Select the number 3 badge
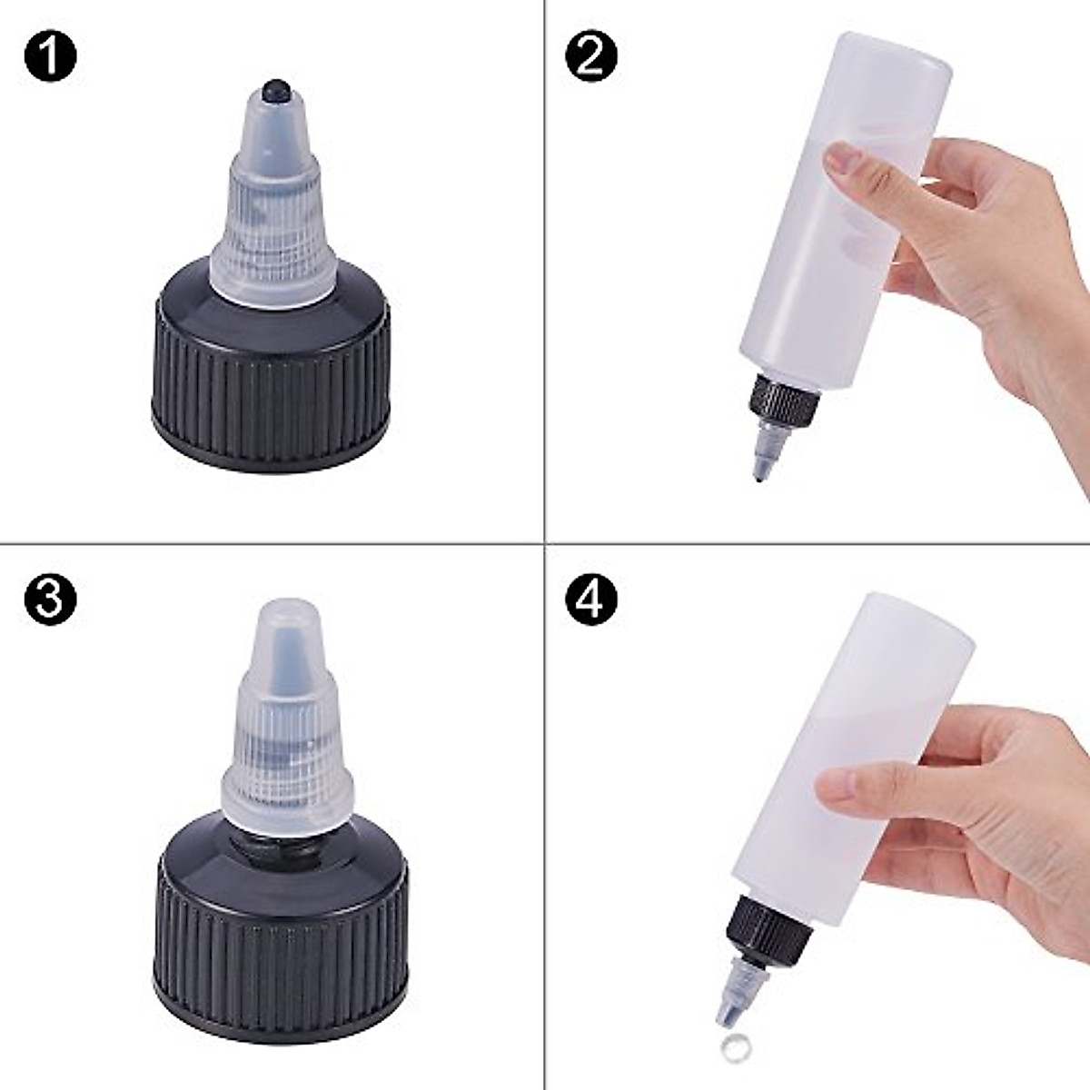(50, 600)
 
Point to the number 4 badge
(590, 600)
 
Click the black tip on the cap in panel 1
(273, 91)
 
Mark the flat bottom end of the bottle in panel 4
(913, 618)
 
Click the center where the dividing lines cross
(544, 544)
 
